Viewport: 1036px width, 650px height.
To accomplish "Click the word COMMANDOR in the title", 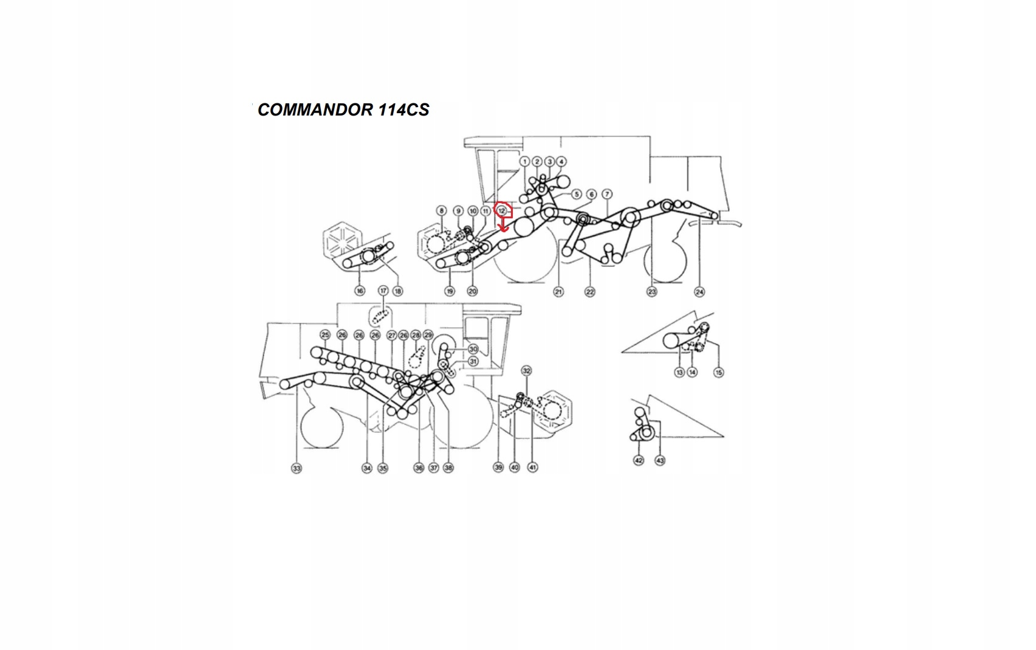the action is pos(315,109).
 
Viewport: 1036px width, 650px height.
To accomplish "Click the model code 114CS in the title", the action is pos(404,109).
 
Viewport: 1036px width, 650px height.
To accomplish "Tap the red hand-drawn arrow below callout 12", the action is pos(503,226).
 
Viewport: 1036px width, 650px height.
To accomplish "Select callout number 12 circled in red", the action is pos(501,210).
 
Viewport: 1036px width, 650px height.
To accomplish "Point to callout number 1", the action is pos(525,162).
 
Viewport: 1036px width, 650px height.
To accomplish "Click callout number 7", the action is pos(607,194).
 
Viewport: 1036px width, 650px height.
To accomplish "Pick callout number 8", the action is pos(442,211).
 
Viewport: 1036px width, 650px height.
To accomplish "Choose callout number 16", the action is pos(360,291).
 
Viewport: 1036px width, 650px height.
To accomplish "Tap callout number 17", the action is pos(383,291).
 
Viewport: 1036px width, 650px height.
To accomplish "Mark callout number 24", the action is pos(699,292).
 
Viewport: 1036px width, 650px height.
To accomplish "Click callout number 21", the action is pos(558,292).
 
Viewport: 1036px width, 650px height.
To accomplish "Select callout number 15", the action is pos(719,372).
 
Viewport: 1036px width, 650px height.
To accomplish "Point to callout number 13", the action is pos(679,372).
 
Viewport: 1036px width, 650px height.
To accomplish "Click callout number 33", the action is pos(297,468).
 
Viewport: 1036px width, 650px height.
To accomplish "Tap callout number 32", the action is pos(526,371).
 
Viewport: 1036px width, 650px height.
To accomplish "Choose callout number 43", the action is pos(660,460).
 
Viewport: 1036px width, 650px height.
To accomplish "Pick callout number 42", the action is pos(639,460).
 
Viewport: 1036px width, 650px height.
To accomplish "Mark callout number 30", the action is pos(473,350).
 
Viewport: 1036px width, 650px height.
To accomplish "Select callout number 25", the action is pos(325,335).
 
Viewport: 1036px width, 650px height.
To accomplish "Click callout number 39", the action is pos(498,467).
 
